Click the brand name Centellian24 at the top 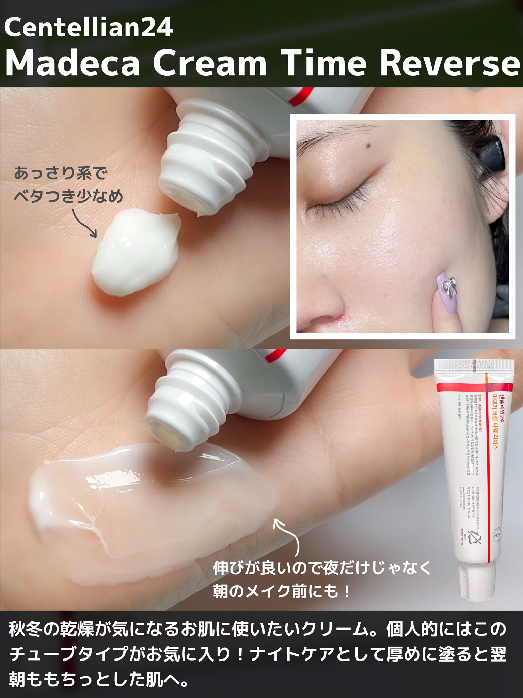(x=89, y=29)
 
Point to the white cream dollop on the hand (x=136, y=252)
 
